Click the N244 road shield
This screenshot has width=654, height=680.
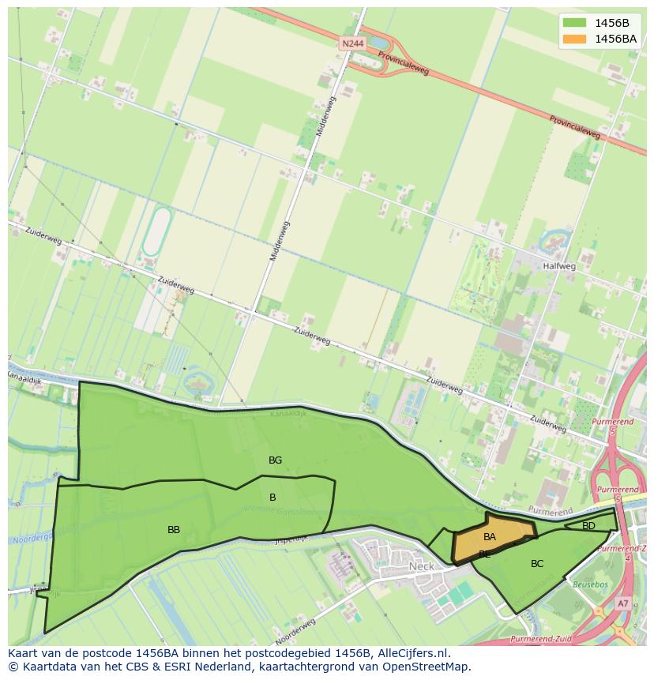pyautogui.click(x=353, y=44)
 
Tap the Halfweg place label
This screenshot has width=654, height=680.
pyautogui.click(x=558, y=266)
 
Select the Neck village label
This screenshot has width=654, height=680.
pyautogui.click(x=422, y=566)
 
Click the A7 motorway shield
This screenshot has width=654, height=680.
pyautogui.click(x=623, y=603)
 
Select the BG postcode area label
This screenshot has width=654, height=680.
pyautogui.click(x=275, y=460)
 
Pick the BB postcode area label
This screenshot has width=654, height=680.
pyautogui.click(x=174, y=530)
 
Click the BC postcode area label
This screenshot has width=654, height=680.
pyautogui.click(x=537, y=564)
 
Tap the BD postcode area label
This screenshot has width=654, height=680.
pyautogui.click(x=588, y=526)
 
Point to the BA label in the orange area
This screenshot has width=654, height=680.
pyautogui.click(x=490, y=537)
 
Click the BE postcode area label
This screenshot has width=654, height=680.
pyautogui.click(x=484, y=554)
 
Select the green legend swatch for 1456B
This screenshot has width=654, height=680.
pyautogui.click(x=574, y=23)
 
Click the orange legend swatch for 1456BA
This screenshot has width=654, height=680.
pyautogui.click(x=574, y=39)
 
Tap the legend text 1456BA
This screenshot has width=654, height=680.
pyautogui.click(x=615, y=39)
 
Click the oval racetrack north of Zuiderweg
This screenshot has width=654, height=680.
pyautogui.click(x=156, y=231)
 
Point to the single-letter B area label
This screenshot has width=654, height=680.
pyautogui.click(x=272, y=498)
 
